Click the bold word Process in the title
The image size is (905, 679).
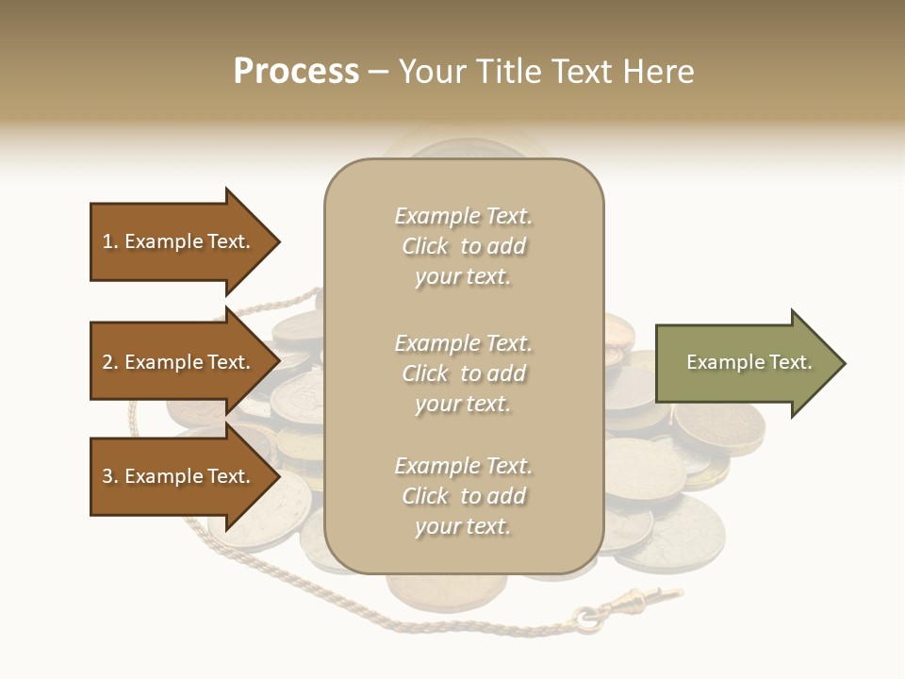296,72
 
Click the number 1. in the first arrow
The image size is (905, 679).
110,241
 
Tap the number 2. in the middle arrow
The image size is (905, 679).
110,362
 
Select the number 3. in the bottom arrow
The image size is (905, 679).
110,476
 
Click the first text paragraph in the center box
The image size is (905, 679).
463,246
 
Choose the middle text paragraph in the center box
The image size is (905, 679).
463,373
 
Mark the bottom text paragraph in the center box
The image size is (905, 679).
463,496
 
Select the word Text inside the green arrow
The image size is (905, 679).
790,362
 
